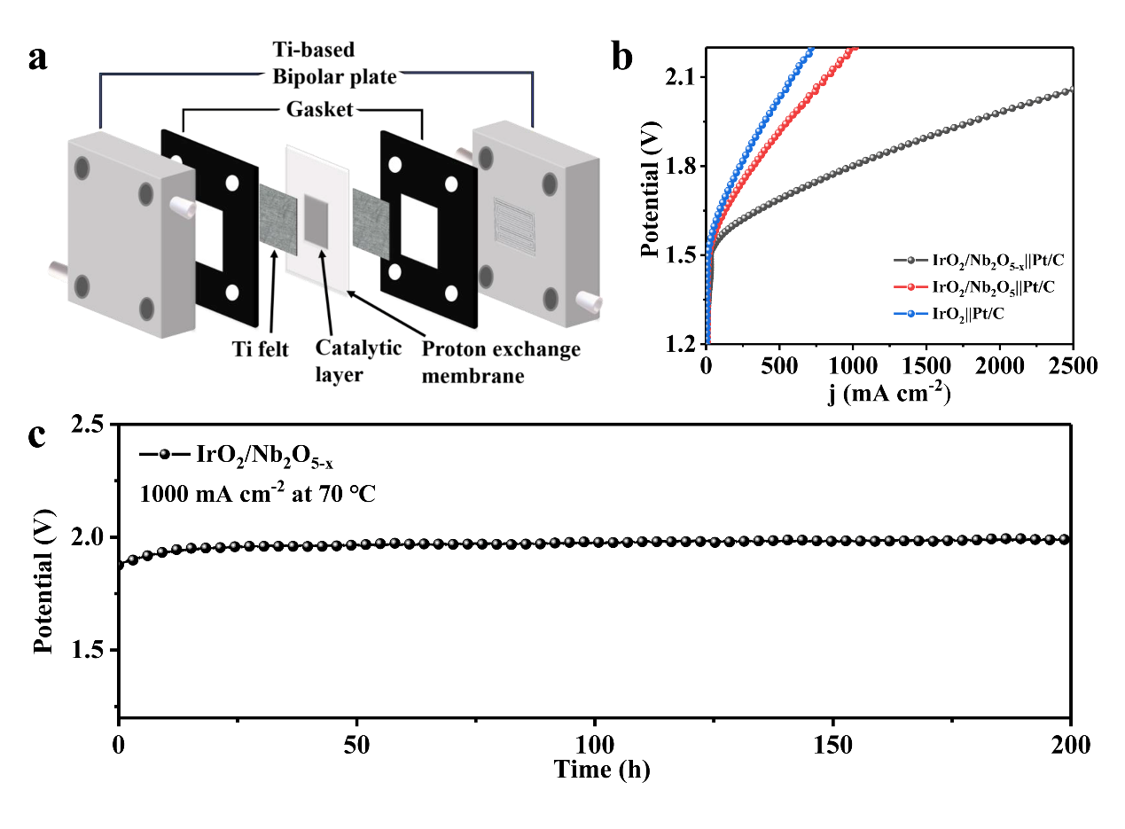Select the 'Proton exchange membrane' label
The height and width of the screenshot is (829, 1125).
(501, 362)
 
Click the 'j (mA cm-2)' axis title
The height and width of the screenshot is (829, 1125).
(889, 392)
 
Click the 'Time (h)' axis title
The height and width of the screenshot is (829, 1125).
(603, 770)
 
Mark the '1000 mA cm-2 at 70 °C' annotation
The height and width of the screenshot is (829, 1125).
(257, 494)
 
